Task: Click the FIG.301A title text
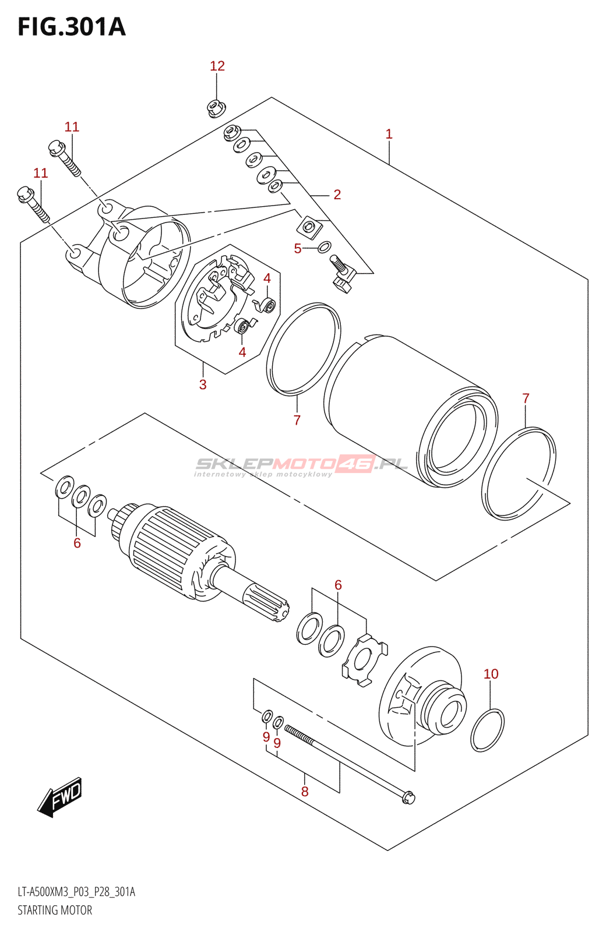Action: [x=72, y=27]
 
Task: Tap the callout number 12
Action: [x=217, y=66]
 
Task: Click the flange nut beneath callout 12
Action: [x=217, y=108]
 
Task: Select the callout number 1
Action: [x=389, y=135]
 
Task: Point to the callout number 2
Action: [x=337, y=195]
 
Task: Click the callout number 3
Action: [x=203, y=384]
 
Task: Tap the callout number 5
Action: [x=298, y=249]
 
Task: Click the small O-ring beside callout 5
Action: [x=325, y=246]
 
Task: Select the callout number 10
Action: [x=491, y=674]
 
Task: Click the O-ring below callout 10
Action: [x=487, y=730]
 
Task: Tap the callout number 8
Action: [x=305, y=791]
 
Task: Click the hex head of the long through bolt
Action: [x=408, y=797]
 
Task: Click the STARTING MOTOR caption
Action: [x=55, y=910]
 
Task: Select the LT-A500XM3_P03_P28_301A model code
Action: [x=76, y=892]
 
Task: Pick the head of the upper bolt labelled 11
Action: [x=57, y=147]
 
